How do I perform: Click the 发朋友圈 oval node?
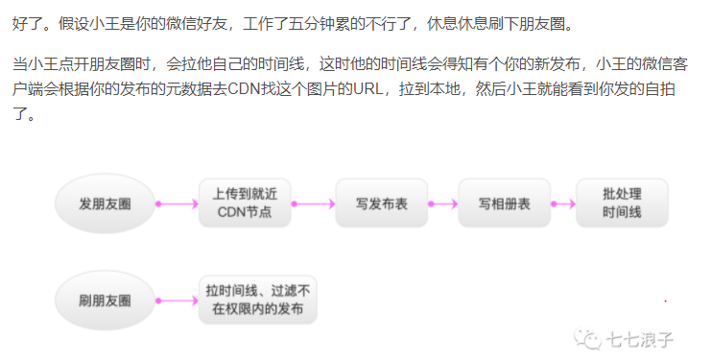point(105,203)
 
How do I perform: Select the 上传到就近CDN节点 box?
point(245,203)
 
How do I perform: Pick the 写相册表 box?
point(504,203)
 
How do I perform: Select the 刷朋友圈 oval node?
point(105,301)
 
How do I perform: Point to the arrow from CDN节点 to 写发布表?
point(313,203)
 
